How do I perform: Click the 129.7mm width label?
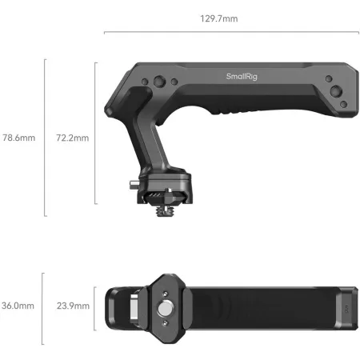219,18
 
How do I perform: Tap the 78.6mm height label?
19,138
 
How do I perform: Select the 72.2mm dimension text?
73,138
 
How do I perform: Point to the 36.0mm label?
18,306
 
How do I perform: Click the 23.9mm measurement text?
73,306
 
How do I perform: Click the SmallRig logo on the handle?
242,77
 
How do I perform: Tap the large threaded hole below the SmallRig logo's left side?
159,82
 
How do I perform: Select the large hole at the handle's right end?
336,91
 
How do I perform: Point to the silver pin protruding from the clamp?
134,185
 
